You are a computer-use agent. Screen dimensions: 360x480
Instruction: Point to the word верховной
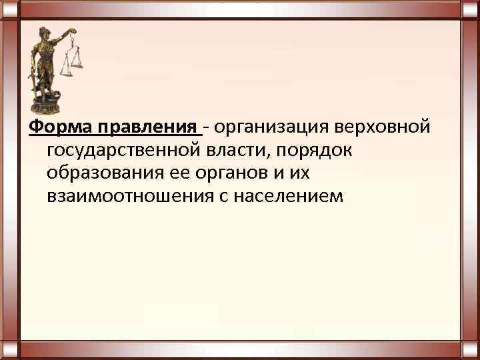pos(394,127)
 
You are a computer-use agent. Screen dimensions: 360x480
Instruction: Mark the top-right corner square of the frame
pos(470,9)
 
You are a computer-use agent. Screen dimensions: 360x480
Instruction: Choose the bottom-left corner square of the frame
pos(9,350)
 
